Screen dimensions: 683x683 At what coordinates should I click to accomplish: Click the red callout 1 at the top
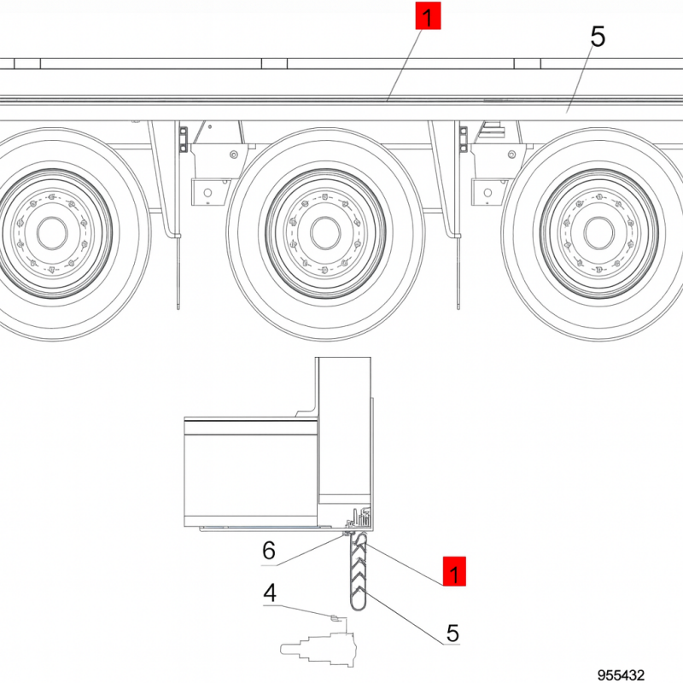pos(427,16)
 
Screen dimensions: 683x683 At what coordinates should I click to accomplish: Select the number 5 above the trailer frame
pos(597,37)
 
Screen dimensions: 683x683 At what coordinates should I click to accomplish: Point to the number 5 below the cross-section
pos(452,633)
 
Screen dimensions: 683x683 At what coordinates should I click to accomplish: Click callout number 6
pos(268,551)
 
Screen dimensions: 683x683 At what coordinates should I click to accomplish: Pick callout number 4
pos(269,592)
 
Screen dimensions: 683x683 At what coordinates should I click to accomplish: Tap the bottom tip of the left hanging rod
pos(179,305)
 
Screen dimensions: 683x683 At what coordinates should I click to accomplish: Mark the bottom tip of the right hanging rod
pos(458,305)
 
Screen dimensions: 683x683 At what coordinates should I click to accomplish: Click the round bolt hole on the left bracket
pos(233,155)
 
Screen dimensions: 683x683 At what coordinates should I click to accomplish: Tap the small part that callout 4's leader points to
pos(336,616)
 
